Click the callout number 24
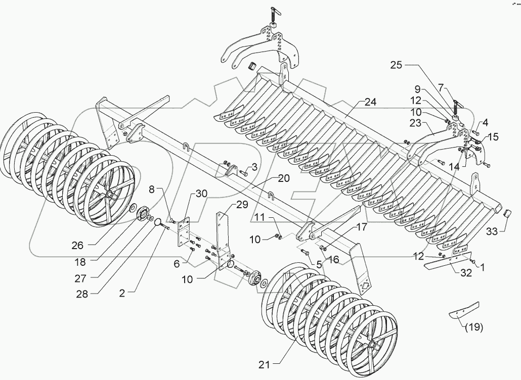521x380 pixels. (370, 102)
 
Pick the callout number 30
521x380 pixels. (201, 194)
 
